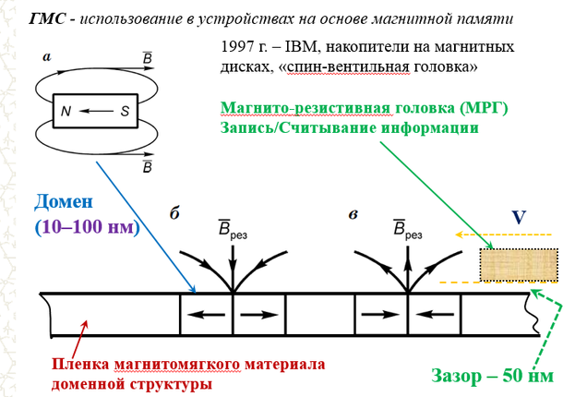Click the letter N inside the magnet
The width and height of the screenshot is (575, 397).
point(65,111)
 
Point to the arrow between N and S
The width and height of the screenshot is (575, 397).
point(95,111)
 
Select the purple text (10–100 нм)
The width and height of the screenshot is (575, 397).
point(86,227)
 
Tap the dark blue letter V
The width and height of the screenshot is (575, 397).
point(518,219)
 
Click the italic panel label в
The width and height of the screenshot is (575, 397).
point(353,213)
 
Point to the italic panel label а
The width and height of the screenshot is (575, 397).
point(46,56)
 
